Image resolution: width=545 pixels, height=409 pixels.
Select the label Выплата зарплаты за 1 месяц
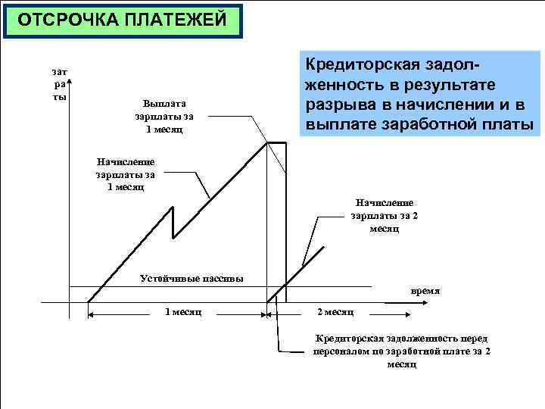point(164,116)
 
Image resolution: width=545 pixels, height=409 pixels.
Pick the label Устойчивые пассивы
point(192,277)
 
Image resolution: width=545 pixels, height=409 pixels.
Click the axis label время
point(425,290)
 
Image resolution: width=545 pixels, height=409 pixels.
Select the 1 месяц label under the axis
point(182,312)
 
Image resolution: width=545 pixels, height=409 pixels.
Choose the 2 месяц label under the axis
point(335,312)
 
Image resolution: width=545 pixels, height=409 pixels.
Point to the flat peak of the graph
point(276,142)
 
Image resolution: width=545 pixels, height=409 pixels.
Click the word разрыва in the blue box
point(334,105)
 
